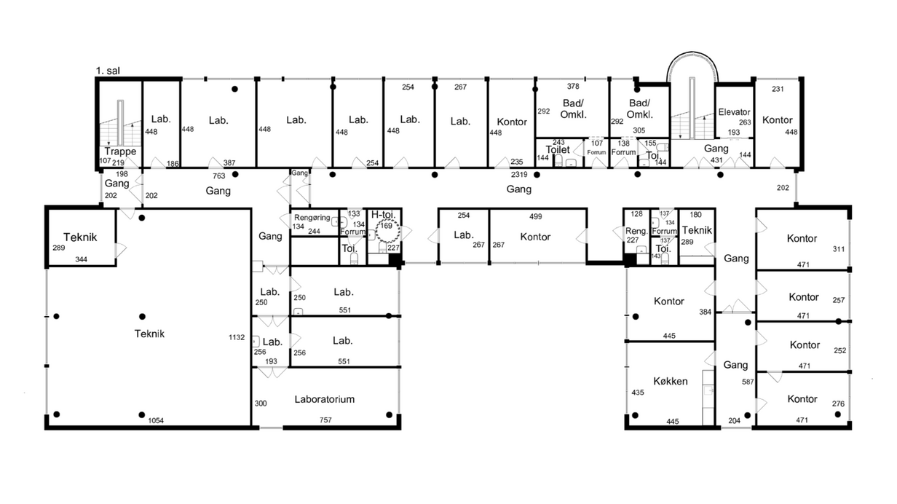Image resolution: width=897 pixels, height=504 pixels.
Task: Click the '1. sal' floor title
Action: [x=108, y=71]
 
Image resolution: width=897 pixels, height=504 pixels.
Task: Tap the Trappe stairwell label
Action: [x=120, y=151]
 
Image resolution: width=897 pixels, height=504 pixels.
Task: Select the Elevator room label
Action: [x=734, y=112]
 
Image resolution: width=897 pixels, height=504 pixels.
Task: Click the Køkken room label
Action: [x=671, y=381]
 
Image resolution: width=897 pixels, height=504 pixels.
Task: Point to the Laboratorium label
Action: [x=325, y=399]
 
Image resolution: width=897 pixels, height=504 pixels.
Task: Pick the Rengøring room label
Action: [x=312, y=218]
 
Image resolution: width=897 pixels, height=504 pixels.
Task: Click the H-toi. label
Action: [x=383, y=214]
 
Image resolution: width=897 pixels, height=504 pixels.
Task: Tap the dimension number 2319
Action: [x=519, y=174]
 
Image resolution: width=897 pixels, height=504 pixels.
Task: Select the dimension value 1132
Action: [x=236, y=337]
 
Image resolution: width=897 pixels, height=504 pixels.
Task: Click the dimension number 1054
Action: [x=156, y=420]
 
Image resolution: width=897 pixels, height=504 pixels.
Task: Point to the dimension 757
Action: [x=325, y=420]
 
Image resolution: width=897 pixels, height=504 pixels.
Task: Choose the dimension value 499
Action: [x=535, y=216]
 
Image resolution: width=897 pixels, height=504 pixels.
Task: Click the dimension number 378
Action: [x=573, y=86]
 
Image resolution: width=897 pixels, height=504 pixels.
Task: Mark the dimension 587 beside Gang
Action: [x=748, y=382]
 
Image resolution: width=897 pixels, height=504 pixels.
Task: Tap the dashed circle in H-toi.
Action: [x=387, y=231]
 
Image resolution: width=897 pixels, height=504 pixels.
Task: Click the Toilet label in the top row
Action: [x=558, y=149]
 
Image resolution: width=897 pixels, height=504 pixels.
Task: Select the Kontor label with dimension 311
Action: [x=802, y=238]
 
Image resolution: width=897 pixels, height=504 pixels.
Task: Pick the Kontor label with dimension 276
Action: [x=802, y=398]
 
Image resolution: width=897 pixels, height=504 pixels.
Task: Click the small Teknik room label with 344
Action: [x=80, y=237]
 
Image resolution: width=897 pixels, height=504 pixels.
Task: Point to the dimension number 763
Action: [x=218, y=176]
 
